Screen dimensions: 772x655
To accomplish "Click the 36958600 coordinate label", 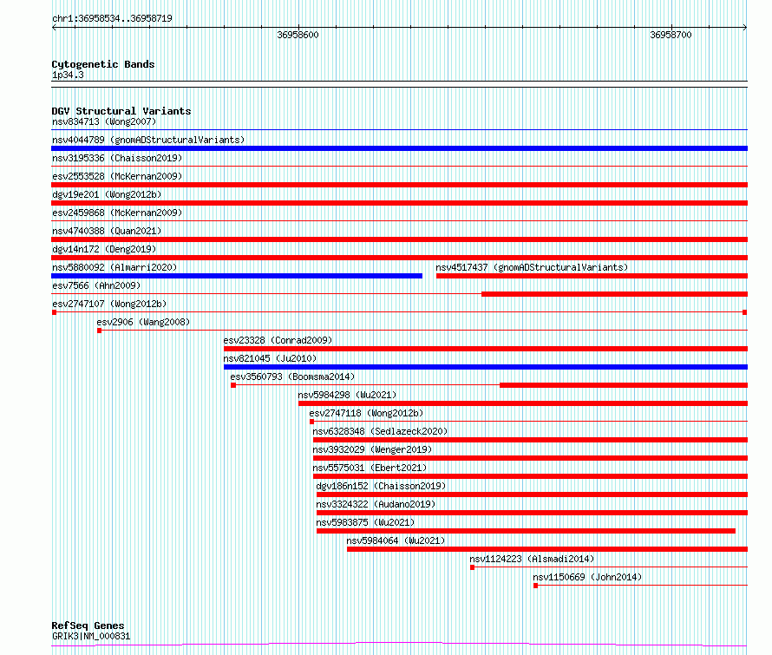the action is (298, 35).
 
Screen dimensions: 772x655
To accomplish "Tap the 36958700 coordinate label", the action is (671, 35).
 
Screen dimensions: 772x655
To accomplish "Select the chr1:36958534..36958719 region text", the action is (112, 19).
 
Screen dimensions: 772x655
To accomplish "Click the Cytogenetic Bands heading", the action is (103, 64).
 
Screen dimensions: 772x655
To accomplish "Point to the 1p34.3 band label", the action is (68, 75).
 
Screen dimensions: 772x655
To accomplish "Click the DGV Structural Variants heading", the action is (121, 111).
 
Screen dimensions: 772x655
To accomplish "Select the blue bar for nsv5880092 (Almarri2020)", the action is (237, 276).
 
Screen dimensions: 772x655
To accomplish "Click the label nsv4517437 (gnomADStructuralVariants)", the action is (532, 267).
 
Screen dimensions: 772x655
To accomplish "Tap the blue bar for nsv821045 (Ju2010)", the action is (486, 367).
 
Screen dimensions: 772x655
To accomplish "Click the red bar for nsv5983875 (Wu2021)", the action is (526, 531).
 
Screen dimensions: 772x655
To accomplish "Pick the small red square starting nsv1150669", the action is (536, 586).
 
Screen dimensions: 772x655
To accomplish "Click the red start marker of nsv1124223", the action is (472, 567).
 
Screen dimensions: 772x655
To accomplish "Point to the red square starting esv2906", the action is (100, 331).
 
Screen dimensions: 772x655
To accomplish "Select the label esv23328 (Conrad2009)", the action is (278, 340).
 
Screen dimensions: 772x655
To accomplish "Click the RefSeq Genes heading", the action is (88, 626).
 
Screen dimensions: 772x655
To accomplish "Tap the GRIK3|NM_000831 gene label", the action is (91, 636).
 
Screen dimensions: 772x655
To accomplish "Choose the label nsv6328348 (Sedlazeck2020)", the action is (380, 431).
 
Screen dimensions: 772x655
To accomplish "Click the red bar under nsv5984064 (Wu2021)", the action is (547, 549).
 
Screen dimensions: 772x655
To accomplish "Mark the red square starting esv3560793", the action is (233, 385).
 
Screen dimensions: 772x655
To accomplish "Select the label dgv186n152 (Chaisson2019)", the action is (381, 486).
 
